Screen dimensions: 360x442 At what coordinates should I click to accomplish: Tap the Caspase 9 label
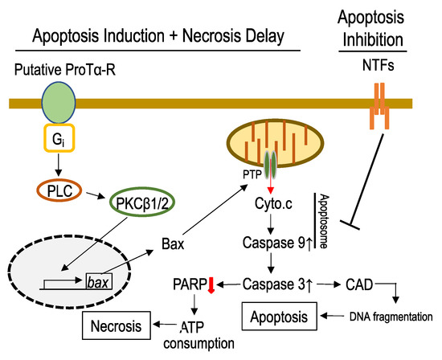click(277, 243)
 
